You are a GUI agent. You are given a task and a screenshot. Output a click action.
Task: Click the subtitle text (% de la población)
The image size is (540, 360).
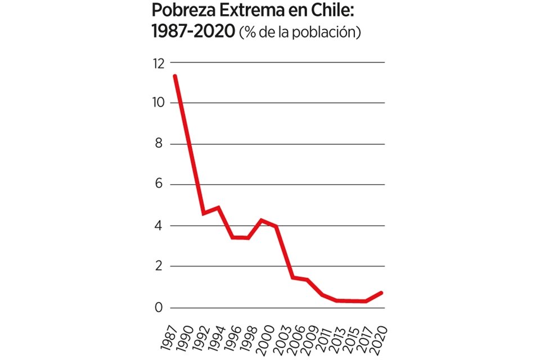(300, 33)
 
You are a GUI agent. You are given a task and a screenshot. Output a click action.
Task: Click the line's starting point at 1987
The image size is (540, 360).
(175, 76)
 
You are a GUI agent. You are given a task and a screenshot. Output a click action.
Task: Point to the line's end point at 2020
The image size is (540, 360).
(382, 292)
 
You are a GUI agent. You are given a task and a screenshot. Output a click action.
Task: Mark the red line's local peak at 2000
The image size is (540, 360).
(261, 220)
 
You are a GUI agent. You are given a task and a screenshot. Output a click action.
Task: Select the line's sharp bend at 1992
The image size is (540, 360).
(204, 213)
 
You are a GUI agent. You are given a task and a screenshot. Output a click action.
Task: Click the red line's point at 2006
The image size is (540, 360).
(293, 277)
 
